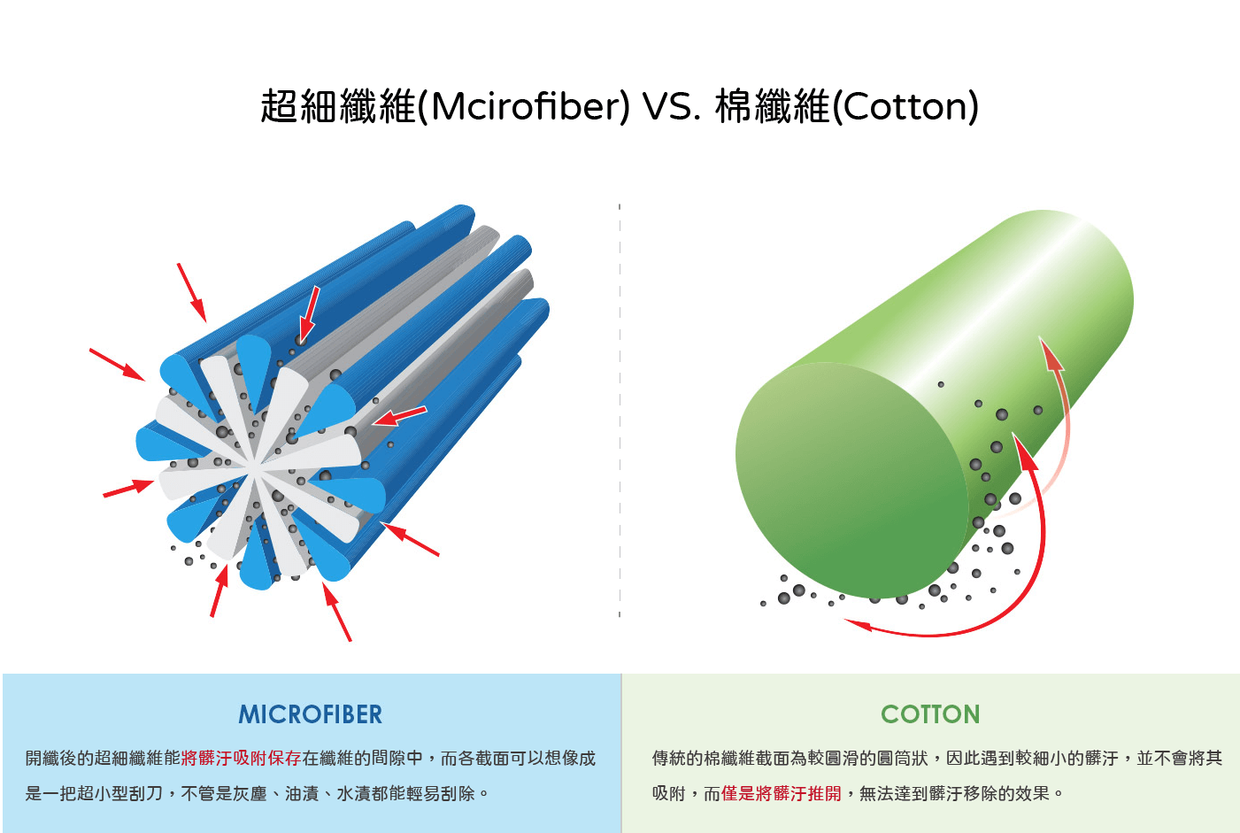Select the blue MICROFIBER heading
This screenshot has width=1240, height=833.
point(311,714)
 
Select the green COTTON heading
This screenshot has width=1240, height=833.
point(930,714)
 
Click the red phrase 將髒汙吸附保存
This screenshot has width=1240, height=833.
point(241,759)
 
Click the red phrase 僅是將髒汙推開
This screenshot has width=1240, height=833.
point(781,794)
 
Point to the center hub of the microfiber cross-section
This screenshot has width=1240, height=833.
point(258,462)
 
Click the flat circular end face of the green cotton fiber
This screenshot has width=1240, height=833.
point(850,478)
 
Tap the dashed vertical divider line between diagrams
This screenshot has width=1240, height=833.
point(620,407)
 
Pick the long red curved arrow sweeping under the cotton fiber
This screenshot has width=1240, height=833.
point(1018,584)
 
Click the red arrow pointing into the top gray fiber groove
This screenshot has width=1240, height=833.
point(309,314)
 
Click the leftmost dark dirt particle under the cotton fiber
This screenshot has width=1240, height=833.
point(763,604)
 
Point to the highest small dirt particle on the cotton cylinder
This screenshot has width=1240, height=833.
point(941,384)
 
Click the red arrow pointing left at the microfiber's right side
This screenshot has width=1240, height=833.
point(400,415)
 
